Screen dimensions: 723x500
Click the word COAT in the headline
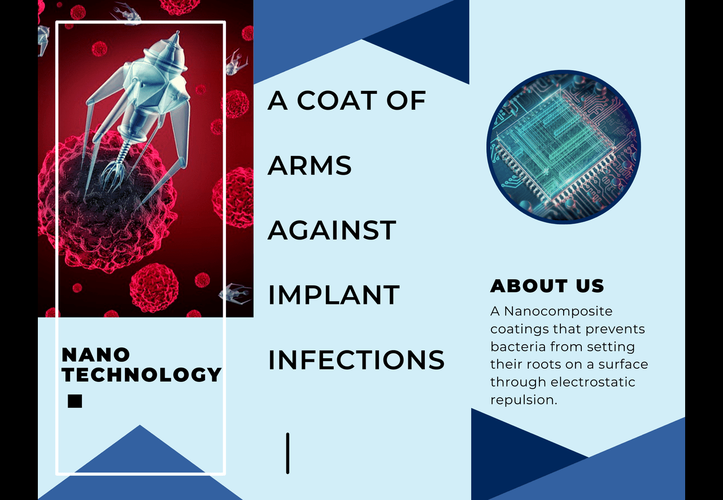337,101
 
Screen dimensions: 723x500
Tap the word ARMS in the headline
310,166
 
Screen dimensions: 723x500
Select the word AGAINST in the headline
332,231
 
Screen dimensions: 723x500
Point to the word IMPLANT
334,295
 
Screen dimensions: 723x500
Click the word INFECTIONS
356,360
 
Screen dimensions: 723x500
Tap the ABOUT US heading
547,286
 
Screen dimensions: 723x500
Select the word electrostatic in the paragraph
593,382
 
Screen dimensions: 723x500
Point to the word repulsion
524,400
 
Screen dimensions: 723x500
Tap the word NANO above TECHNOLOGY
95,355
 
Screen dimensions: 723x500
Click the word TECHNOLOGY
142,375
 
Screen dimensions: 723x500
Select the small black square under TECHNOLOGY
75,401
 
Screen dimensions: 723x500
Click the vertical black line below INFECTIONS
288,454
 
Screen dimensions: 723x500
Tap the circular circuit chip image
564,147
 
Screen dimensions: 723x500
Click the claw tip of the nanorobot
109,181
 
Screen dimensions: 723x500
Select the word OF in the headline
406,101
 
